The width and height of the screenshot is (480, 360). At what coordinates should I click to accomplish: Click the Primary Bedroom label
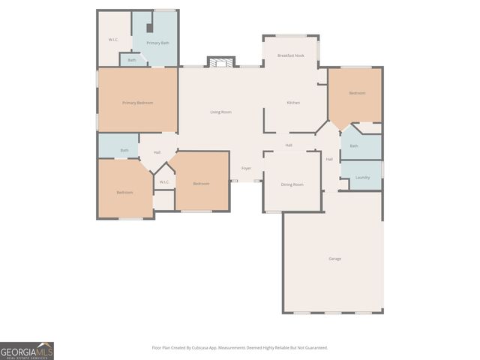pyautogui.click(x=138, y=102)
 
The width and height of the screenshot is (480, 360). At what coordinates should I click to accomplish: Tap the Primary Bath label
pyautogui.click(x=157, y=43)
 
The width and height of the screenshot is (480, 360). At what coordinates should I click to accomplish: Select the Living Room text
pyautogui.click(x=220, y=112)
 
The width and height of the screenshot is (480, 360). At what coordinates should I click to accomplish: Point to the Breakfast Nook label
pyautogui.click(x=290, y=55)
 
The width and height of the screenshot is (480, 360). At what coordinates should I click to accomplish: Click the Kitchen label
pyautogui.click(x=293, y=102)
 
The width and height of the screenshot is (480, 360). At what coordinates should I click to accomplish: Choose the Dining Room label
pyautogui.click(x=292, y=184)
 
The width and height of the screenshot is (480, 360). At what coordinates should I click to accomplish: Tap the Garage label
pyautogui.click(x=334, y=259)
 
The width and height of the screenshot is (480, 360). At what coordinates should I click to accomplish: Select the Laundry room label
pyautogui.click(x=362, y=178)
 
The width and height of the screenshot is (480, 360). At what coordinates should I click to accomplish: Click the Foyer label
pyautogui.click(x=246, y=168)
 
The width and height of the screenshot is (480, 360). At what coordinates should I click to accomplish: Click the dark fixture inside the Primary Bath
pyautogui.click(x=149, y=28)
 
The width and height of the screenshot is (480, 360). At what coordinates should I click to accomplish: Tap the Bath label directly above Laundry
pyautogui.click(x=354, y=145)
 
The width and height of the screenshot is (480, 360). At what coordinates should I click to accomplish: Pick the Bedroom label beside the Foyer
pyautogui.click(x=201, y=184)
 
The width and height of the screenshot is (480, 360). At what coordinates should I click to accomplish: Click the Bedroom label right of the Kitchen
pyautogui.click(x=357, y=93)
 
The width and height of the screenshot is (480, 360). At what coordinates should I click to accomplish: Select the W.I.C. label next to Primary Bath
pyautogui.click(x=112, y=39)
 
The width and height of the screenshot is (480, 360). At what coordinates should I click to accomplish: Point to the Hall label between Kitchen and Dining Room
pyautogui.click(x=289, y=145)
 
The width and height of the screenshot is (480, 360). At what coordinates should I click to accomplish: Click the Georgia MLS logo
pyautogui.click(x=27, y=351)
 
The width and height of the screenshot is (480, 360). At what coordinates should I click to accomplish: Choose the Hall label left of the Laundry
pyautogui.click(x=329, y=159)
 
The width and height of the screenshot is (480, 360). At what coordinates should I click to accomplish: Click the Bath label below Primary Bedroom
pyautogui.click(x=124, y=150)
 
